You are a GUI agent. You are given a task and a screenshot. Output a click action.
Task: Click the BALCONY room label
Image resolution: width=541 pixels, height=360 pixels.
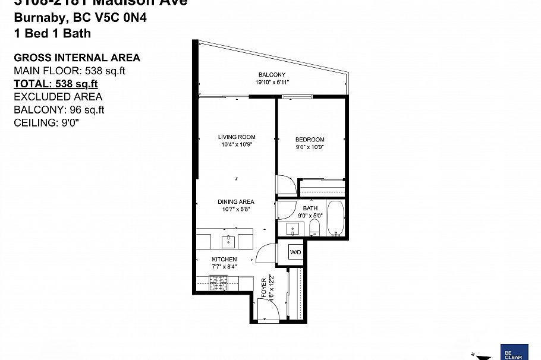(272, 75)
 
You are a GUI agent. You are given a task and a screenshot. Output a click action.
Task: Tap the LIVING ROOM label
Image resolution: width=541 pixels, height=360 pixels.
(237, 137)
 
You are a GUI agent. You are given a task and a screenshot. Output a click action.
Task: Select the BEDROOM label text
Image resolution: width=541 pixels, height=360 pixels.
(309, 139)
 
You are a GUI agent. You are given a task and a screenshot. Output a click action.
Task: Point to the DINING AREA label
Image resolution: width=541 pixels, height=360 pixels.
(236, 202)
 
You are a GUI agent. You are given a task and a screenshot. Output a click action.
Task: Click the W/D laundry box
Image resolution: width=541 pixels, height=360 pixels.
(295, 252)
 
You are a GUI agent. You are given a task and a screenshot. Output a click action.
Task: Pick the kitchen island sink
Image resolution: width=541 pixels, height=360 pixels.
(229, 241)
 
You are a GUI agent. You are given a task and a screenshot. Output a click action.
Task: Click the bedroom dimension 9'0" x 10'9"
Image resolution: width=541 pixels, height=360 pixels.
(309, 146)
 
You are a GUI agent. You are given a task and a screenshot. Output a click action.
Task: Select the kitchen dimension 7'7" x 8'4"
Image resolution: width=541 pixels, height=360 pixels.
(224, 267)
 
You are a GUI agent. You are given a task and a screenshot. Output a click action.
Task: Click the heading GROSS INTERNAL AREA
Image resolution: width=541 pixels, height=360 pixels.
(77, 58)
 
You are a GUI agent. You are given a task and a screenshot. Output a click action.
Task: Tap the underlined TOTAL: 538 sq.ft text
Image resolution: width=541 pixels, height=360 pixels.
(56, 84)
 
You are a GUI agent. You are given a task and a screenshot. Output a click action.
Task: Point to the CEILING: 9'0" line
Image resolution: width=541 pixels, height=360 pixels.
(46, 122)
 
